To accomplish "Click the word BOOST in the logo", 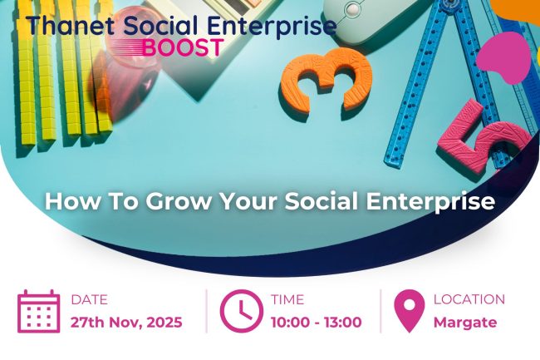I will [x=182, y=47].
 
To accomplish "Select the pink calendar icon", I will [x=38, y=311].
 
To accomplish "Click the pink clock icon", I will [x=240, y=311].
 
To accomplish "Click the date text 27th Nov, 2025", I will [x=126, y=322].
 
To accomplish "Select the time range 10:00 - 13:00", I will [x=316, y=322].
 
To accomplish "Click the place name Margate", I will [x=464, y=322].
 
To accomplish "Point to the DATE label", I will [x=89, y=299].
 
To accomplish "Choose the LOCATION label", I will [x=469, y=299].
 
